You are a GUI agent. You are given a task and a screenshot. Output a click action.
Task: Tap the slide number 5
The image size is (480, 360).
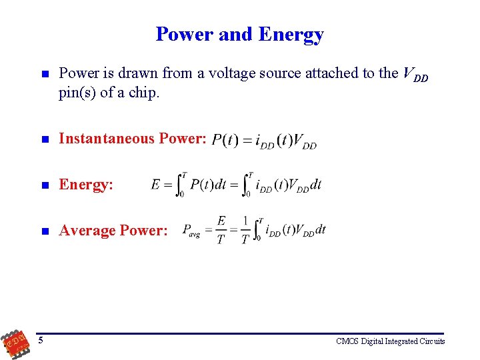(x=41, y=341)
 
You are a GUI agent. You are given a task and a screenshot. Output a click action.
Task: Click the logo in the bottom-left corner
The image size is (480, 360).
(x=15, y=341)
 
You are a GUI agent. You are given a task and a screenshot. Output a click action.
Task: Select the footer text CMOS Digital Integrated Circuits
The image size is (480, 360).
(x=391, y=341)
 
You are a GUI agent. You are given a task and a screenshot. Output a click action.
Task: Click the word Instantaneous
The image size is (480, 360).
(x=107, y=138)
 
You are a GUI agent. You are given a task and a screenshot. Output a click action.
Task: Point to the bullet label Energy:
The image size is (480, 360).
(x=86, y=185)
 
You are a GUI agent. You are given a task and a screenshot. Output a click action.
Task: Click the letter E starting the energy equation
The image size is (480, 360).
(x=156, y=185)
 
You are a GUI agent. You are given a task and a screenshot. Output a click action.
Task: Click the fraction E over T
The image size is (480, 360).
(x=221, y=230)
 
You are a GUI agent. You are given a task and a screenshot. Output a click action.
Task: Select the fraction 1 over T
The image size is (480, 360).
(x=245, y=230)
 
